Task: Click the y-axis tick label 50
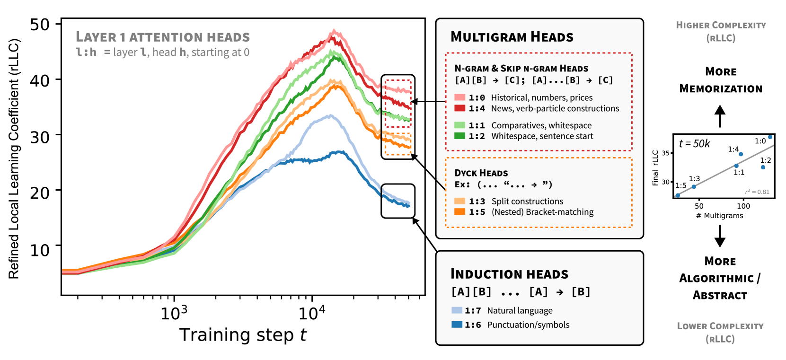(x=40, y=25)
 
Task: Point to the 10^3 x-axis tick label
(x=174, y=313)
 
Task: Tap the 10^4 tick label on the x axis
(x=312, y=313)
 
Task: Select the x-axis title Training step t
(x=243, y=335)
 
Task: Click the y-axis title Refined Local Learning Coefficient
(x=14, y=159)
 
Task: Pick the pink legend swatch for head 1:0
(x=459, y=97)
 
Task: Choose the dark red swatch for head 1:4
(x=459, y=108)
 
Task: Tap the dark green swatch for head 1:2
(x=459, y=136)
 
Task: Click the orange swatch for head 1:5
(x=459, y=212)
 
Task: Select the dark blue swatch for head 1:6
(x=457, y=325)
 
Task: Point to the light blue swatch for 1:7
(x=457, y=310)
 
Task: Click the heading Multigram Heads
(x=512, y=37)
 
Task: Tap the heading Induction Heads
(x=509, y=274)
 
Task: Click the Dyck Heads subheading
(x=481, y=173)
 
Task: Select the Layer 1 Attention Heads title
(x=163, y=37)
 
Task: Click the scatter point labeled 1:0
(x=770, y=137)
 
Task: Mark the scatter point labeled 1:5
(x=678, y=195)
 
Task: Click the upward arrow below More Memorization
(x=720, y=116)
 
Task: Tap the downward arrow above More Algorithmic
(x=720, y=236)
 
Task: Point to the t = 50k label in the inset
(x=694, y=144)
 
